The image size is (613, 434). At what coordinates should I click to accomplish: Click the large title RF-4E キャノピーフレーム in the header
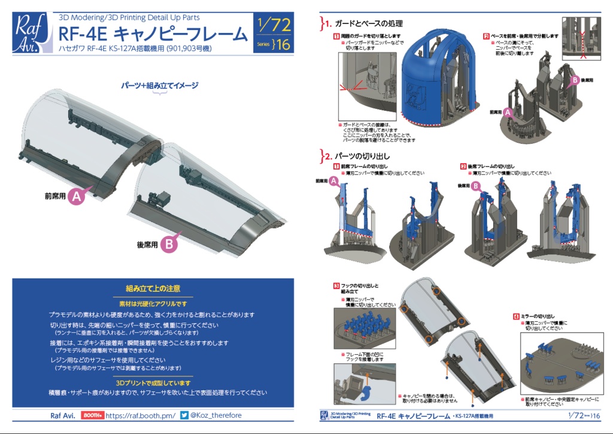[153, 34]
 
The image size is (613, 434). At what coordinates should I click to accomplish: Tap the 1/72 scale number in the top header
[272, 25]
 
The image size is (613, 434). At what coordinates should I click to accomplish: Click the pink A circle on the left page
[77, 195]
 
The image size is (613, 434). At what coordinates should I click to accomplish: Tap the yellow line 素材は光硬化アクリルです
[152, 303]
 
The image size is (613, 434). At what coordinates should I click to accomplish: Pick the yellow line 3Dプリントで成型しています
[152, 382]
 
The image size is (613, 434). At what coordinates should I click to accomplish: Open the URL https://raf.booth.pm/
[141, 415]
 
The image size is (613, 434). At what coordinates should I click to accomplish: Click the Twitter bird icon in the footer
[185, 415]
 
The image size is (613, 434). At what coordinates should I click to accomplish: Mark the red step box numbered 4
[516, 316]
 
